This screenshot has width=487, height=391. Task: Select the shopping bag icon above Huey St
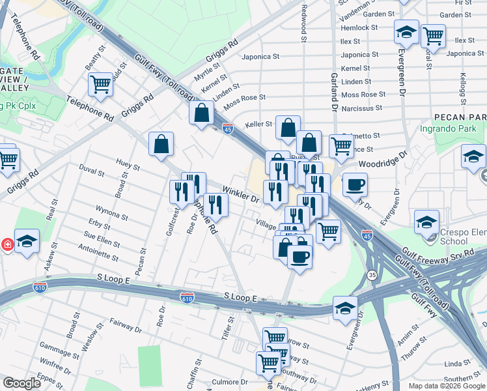click(x=161, y=145)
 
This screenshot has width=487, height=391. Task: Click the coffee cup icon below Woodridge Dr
click(x=355, y=184)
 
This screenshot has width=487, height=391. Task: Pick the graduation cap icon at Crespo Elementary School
click(x=426, y=222)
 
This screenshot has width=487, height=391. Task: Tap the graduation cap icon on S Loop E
click(x=346, y=309)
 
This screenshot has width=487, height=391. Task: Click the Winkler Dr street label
click(x=241, y=195)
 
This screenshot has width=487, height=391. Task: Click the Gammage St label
click(x=59, y=343)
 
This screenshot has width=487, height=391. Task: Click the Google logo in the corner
click(x=23, y=383)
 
